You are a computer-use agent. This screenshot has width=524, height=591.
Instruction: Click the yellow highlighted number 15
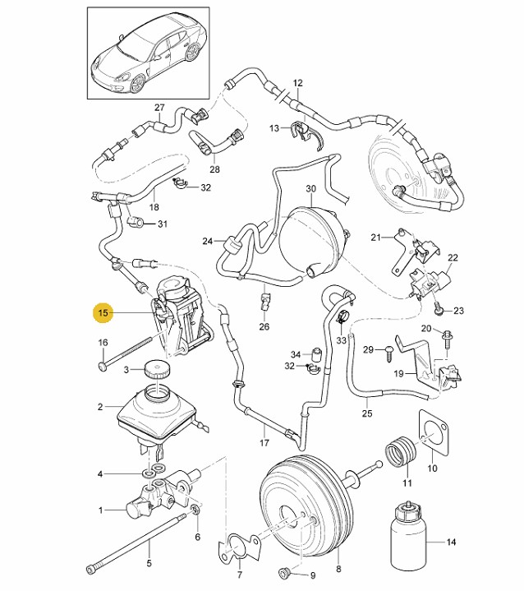[x=103, y=313]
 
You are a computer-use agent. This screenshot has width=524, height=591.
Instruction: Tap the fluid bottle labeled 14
[x=408, y=535]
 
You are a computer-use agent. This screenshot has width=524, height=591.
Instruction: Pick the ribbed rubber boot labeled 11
[x=400, y=451]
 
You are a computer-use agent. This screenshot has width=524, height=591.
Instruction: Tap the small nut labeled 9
[x=285, y=573]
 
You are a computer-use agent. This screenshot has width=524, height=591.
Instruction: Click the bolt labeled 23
[x=438, y=308]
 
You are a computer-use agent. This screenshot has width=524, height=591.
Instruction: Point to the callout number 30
[x=310, y=188]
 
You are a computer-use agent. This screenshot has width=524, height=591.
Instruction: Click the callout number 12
[x=297, y=82]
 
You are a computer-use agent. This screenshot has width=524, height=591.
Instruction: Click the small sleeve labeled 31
[x=136, y=223]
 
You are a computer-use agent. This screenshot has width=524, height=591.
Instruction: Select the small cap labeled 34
[x=315, y=355]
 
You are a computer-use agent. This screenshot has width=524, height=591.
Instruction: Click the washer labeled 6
[x=195, y=510]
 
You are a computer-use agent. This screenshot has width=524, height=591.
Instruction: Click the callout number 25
[x=367, y=413]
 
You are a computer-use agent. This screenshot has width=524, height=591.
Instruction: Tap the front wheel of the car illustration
[x=137, y=85]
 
